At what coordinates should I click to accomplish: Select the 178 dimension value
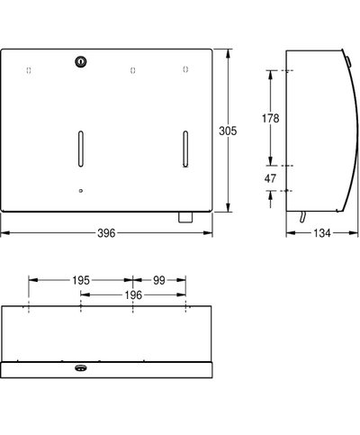click(x=270, y=118)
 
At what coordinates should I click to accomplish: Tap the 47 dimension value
click(x=270, y=179)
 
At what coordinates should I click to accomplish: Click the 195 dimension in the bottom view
click(x=80, y=281)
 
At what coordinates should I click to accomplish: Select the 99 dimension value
click(x=159, y=281)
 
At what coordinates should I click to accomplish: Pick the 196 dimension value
click(x=132, y=295)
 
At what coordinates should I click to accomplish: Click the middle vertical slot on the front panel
click(x=80, y=147)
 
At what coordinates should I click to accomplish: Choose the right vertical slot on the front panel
click(x=184, y=147)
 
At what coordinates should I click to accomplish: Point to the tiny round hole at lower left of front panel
click(x=80, y=191)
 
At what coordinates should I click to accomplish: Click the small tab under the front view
click(x=184, y=217)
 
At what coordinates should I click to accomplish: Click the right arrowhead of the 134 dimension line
click(x=353, y=233)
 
